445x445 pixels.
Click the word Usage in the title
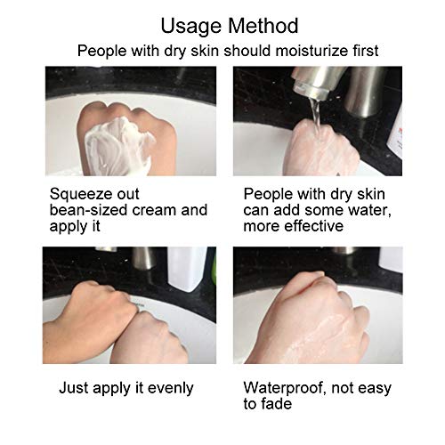(191, 27)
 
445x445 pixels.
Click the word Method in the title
(263, 26)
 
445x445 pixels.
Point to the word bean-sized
(89, 210)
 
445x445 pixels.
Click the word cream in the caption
(155, 210)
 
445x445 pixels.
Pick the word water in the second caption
(369, 210)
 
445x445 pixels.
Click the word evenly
(170, 389)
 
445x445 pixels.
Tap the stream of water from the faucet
(316, 116)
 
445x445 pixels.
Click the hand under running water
(322, 150)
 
